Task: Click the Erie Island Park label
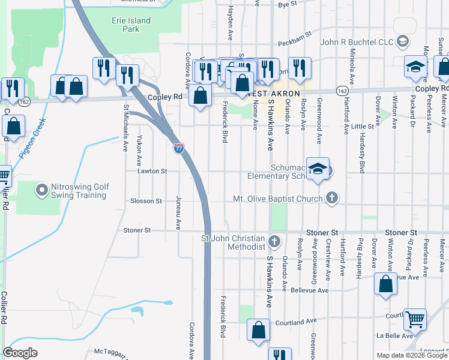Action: (x=131, y=25)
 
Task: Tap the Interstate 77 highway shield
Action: (x=179, y=148)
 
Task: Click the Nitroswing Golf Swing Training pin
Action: (x=42, y=191)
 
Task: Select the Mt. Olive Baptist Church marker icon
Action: (x=332, y=199)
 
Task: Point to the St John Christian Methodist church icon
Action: (x=274, y=242)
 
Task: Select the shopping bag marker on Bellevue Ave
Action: (x=385, y=284)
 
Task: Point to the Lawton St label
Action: (x=151, y=171)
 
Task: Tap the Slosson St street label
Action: (x=146, y=201)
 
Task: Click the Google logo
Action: (x=20, y=353)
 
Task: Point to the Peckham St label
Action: (x=294, y=34)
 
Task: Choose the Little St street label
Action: (x=363, y=127)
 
